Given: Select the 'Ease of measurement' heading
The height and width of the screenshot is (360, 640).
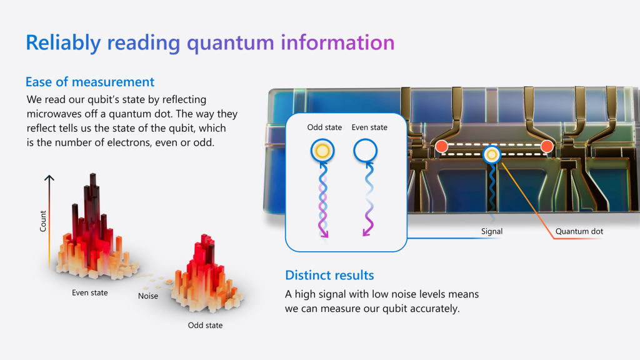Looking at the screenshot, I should (90, 82).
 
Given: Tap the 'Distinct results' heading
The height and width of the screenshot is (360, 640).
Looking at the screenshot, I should (329, 275).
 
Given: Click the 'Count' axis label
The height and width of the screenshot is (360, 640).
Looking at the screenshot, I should (43, 221).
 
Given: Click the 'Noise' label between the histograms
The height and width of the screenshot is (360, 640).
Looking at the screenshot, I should (148, 296).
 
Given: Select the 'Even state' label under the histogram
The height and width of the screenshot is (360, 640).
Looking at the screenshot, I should (89, 292).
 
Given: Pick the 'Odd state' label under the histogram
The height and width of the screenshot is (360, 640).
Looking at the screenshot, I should (205, 325).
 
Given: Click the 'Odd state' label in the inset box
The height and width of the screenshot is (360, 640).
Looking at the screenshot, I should (324, 127).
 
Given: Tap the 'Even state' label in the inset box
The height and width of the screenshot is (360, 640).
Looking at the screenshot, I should (369, 127).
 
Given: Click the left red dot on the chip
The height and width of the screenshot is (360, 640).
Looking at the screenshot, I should (441, 146).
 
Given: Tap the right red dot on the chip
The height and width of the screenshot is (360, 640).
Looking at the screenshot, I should (546, 146).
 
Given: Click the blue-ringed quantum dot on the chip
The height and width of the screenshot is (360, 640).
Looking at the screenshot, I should (492, 154).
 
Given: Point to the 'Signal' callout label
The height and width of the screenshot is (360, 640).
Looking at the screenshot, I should (492, 231).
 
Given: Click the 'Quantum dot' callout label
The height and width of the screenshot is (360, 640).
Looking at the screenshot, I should (579, 231).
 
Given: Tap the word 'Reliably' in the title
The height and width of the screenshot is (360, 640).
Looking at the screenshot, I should (63, 42).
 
